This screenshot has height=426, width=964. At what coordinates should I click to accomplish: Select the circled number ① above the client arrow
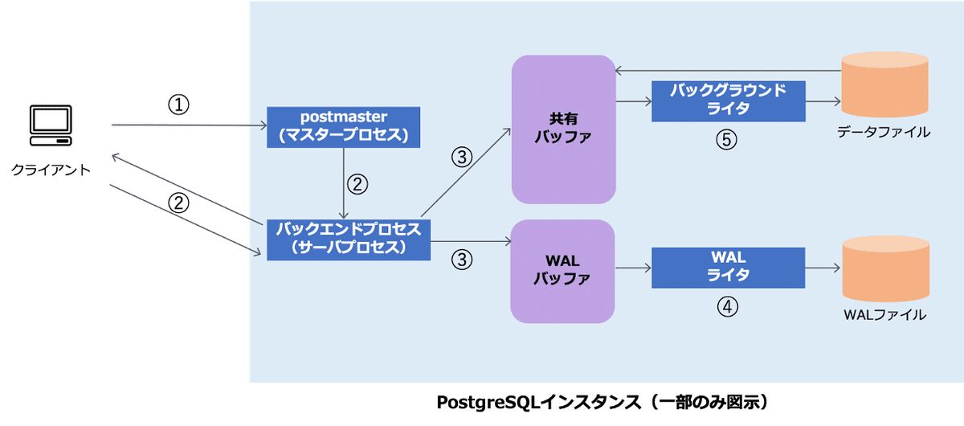[178, 105]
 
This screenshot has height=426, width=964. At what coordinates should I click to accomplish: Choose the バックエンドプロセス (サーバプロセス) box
[348, 239]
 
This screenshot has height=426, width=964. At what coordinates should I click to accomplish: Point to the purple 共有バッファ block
[563, 128]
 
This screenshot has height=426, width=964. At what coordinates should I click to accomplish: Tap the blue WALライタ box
[728, 267]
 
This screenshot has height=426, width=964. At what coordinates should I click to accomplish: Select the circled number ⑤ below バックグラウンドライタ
[726, 139]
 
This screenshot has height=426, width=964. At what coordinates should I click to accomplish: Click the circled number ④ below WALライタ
[727, 306]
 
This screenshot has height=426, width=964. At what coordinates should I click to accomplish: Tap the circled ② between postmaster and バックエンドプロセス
[357, 183]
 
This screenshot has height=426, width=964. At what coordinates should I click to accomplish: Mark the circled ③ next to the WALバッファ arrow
[462, 260]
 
